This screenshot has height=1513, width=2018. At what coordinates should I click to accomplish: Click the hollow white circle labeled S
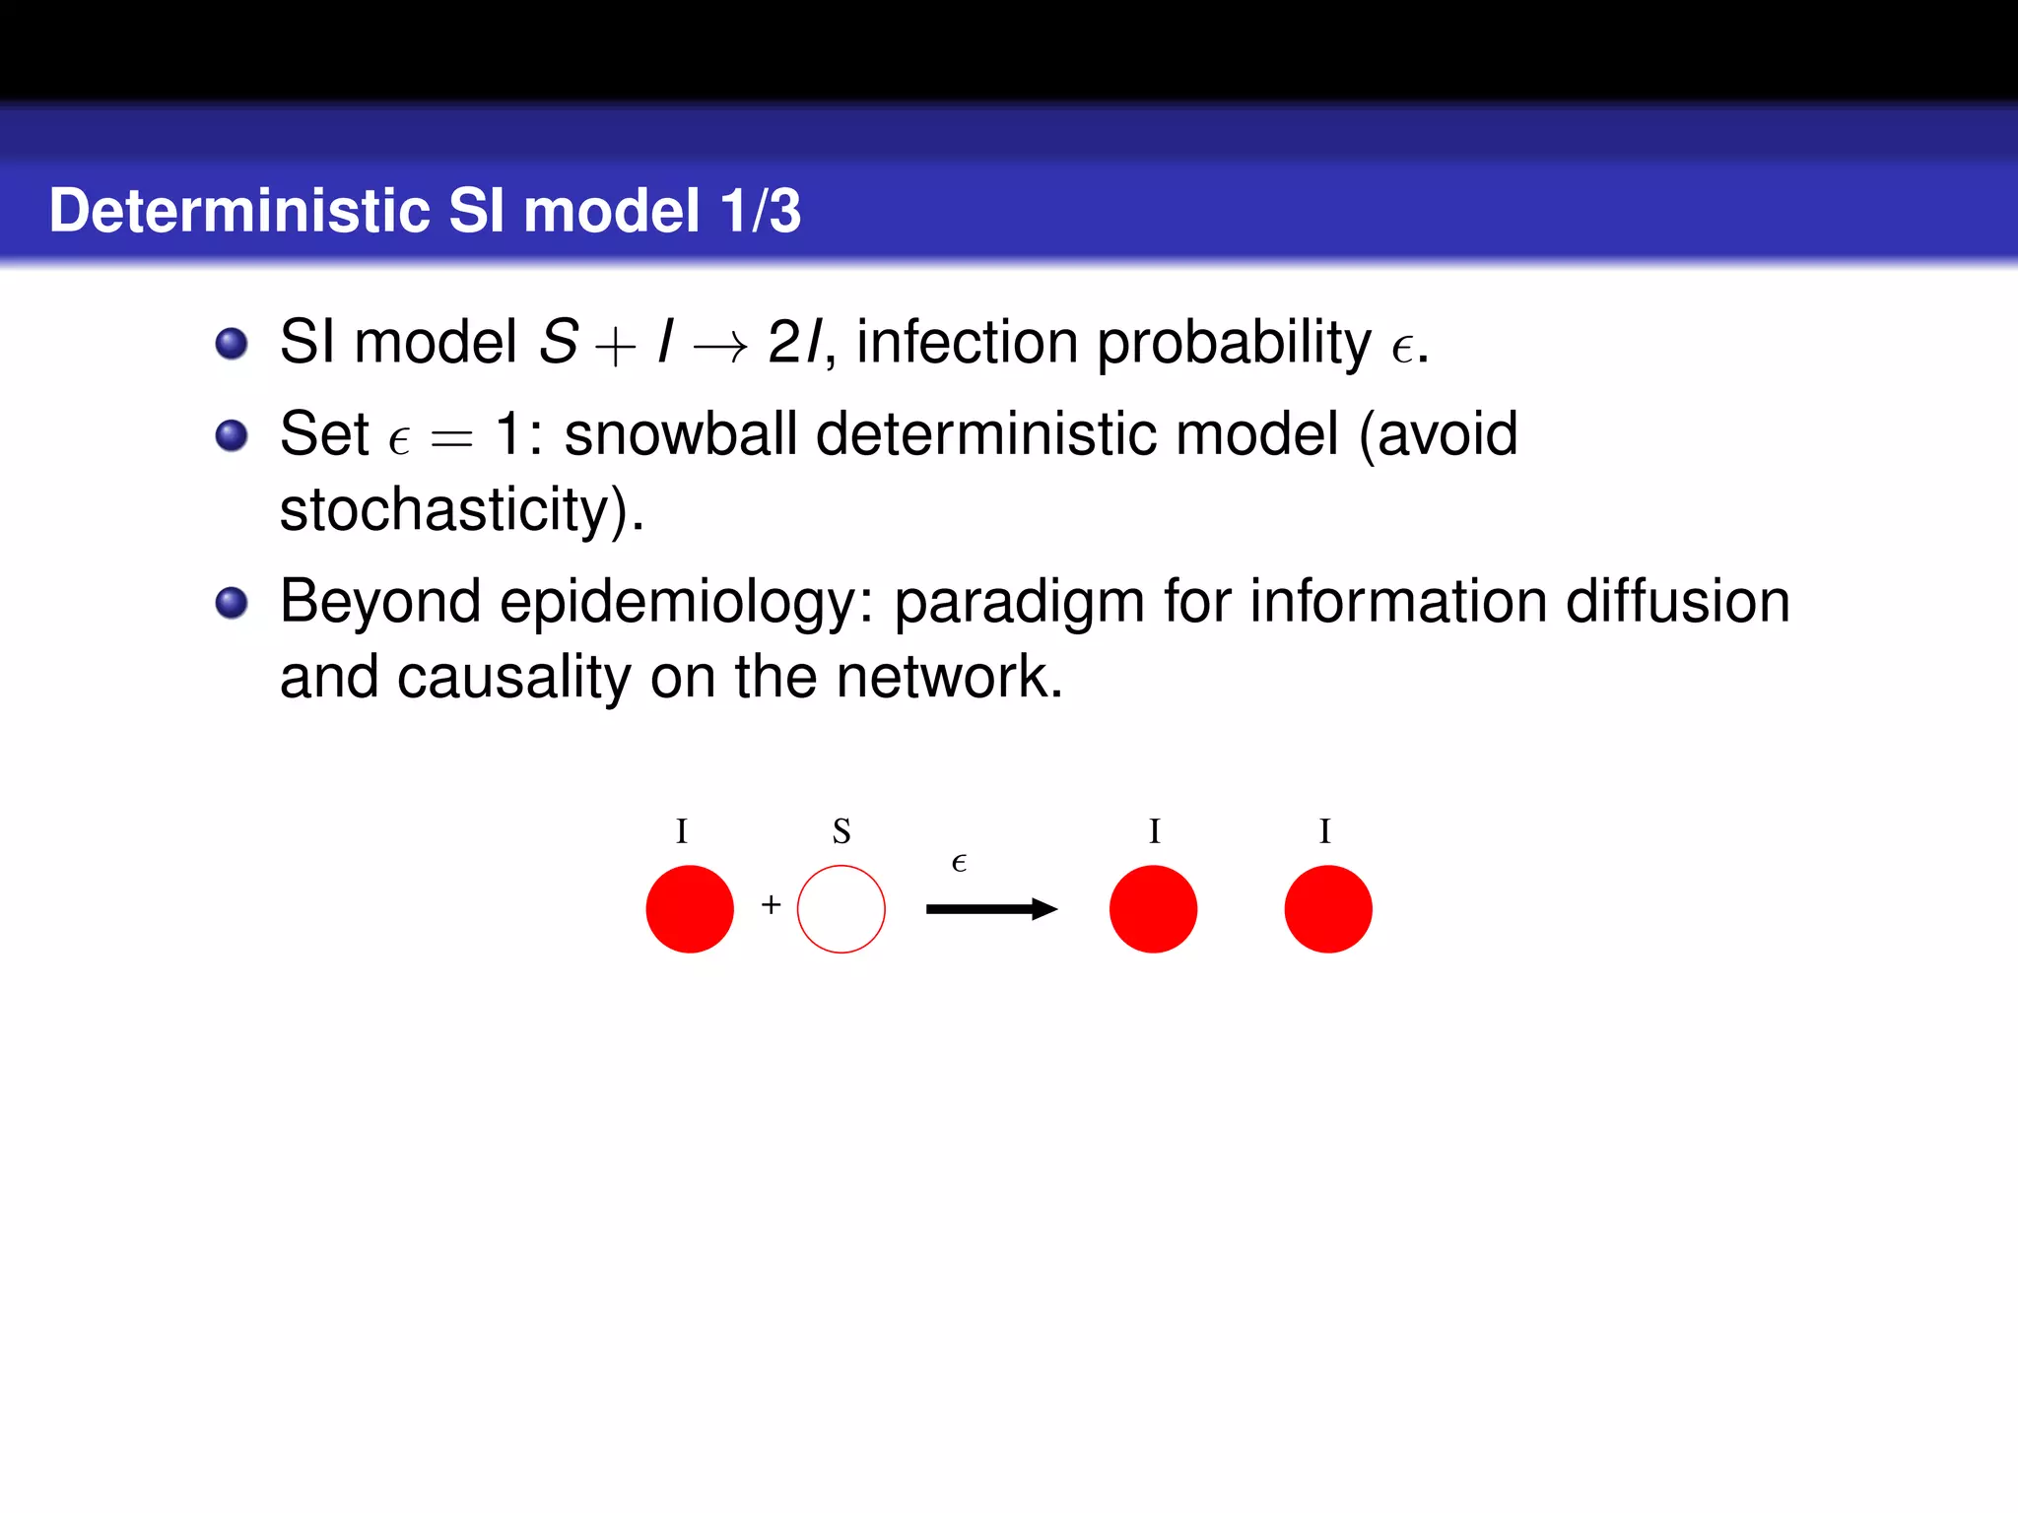click(841, 908)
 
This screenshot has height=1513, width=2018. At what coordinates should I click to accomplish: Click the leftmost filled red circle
click(690, 908)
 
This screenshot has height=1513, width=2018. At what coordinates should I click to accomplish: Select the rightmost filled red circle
click(1327, 908)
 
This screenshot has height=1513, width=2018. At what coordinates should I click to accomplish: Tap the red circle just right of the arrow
click(1153, 908)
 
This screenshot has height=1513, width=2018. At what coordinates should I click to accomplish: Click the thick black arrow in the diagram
click(989, 908)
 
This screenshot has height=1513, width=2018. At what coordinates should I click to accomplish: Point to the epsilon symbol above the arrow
click(959, 864)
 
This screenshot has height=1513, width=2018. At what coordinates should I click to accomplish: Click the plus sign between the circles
click(771, 904)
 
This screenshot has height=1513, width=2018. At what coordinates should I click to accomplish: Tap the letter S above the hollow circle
click(841, 831)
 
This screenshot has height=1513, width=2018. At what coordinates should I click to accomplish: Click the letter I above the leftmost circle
click(681, 831)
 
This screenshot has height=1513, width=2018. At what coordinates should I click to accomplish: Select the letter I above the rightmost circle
click(1324, 831)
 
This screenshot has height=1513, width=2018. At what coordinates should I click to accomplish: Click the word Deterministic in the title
click(239, 211)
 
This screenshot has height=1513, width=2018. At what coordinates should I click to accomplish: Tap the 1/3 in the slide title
click(760, 211)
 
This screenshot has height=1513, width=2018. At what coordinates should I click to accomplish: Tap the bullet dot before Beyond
click(232, 602)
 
